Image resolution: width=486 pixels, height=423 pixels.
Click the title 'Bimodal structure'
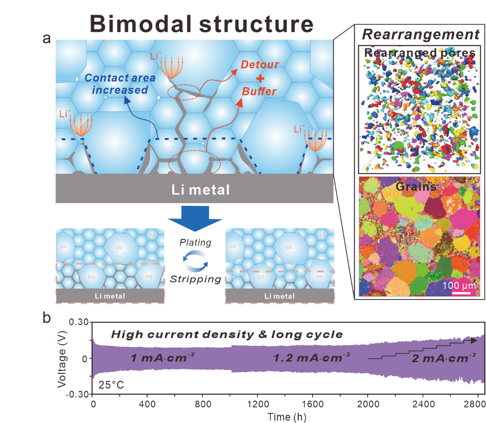click(202, 24)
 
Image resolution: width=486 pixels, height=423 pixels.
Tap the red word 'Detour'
click(260, 65)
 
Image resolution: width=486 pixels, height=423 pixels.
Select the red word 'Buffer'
click(259, 91)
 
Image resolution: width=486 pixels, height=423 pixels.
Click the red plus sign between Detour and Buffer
click(260, 78)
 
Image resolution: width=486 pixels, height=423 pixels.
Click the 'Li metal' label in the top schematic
click(195, 190)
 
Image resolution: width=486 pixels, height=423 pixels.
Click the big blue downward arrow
click(195, 217)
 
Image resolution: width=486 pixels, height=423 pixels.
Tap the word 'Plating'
click(195, 242)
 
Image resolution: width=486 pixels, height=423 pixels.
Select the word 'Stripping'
click(195, 279)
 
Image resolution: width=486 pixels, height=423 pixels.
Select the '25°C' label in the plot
click(110, 386)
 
